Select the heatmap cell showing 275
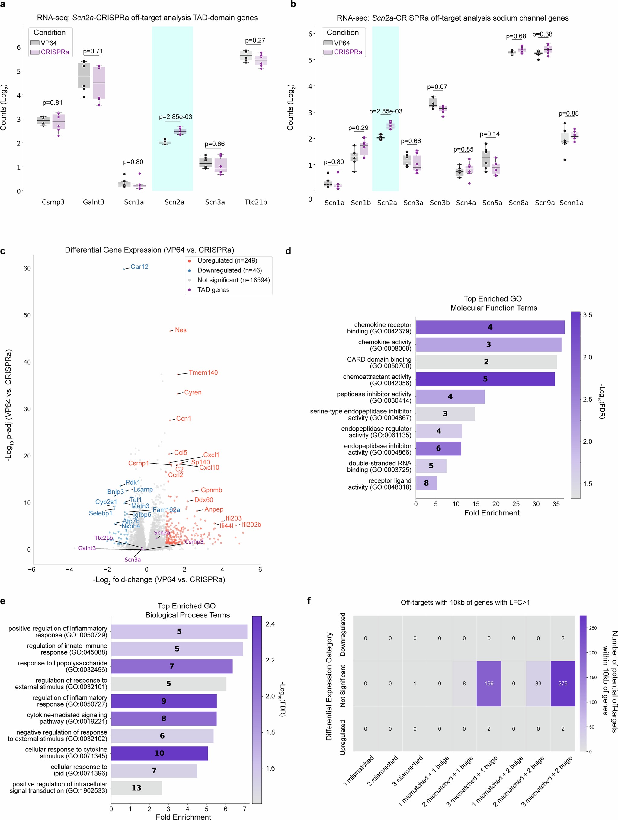(562, 683)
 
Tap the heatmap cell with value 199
(488, 683)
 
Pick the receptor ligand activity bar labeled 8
(426, 483)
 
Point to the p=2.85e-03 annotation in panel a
(175, 117)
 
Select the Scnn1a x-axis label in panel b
(571, 203)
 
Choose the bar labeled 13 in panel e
(136, 788)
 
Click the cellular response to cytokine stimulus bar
(159, 753)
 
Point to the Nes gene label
(181, 330)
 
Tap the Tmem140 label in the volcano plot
(203, 372)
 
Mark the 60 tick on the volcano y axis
(27, 268)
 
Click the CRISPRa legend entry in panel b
(347, 52)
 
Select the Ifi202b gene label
(251, 525)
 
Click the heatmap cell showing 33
(538, 683)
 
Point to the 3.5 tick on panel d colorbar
(587, 315)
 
